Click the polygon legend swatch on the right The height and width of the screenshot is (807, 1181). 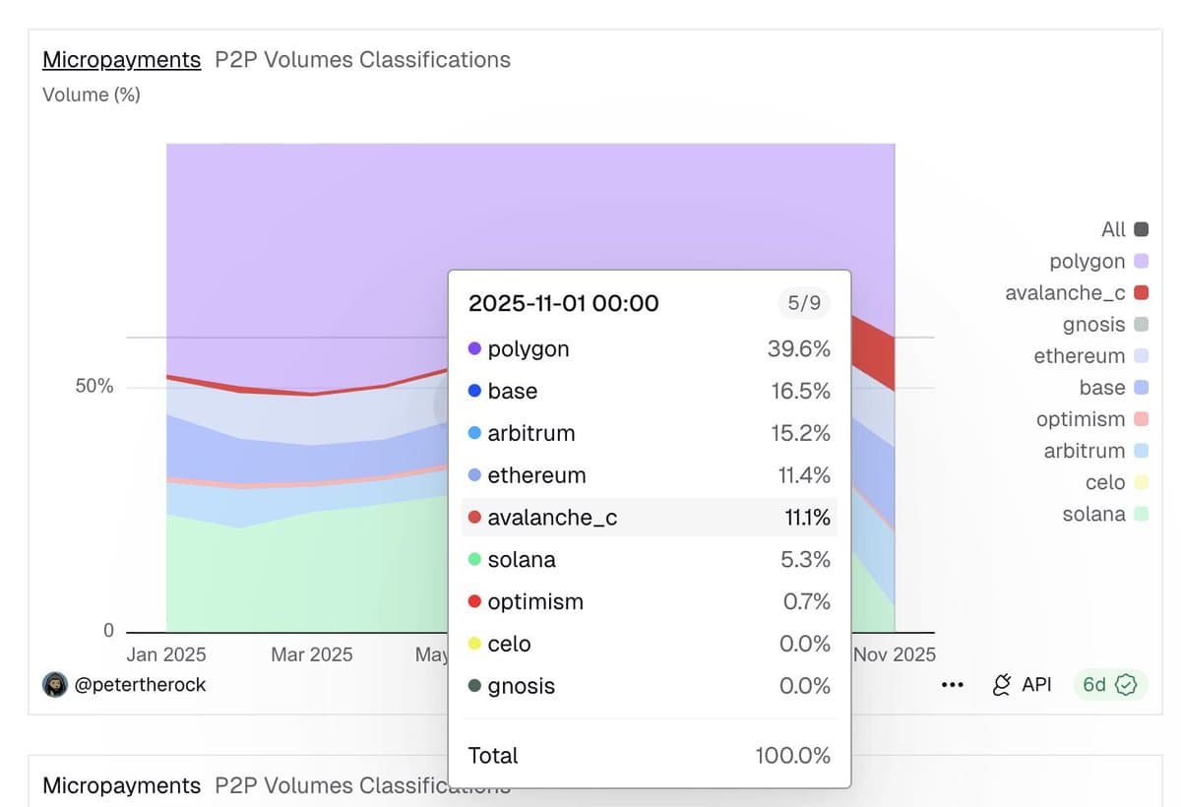click(1141, 262)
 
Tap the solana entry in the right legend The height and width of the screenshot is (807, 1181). click(1094, 514)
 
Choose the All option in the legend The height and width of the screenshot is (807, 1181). click(1113, 229)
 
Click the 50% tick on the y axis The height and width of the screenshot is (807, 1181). click(94, 387)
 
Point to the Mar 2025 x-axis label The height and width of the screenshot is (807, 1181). click(311, 654)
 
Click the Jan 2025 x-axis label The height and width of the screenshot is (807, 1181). click(167, 654)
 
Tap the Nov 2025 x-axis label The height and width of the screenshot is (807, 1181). click(894, 654)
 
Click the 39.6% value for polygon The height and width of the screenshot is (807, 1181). click(798, 349)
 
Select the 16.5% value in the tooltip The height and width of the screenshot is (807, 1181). click(800, 392)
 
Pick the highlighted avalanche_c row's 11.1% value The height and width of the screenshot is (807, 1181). click(807, 518)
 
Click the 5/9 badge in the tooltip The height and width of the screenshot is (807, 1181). click(804, 303)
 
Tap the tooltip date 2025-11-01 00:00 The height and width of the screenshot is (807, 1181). click(563, 303)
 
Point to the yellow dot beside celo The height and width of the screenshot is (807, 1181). click(474, 644)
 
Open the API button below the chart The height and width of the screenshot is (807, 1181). click(1023, 685)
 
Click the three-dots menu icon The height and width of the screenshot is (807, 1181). click(952, 685)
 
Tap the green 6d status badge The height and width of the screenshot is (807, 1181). click(1109, 685)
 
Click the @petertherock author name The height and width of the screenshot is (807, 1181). click(140, 685)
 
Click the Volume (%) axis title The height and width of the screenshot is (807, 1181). click(92, 95)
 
